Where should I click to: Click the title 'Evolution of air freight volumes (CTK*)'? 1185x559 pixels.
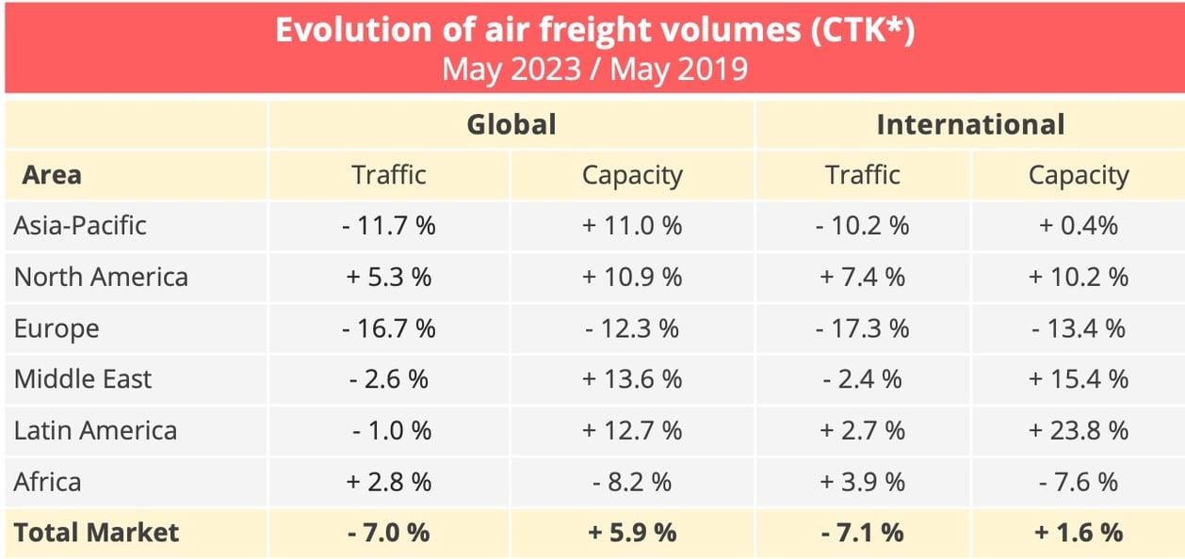594,30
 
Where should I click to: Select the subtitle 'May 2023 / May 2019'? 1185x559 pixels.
594,70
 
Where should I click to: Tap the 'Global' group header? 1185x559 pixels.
511,124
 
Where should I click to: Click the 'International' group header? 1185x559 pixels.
970,124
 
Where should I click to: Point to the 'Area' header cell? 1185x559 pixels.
52,175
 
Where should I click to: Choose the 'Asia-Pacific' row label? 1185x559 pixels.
80,226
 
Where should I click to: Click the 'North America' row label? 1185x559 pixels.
101,277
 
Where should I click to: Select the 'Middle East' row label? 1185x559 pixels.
83,379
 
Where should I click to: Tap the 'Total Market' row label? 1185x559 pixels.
96,533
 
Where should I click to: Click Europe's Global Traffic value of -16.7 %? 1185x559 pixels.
389,328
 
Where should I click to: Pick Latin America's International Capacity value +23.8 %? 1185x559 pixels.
1079,431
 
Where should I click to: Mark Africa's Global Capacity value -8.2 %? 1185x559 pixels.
632,482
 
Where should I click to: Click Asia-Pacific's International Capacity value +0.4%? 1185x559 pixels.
1079,226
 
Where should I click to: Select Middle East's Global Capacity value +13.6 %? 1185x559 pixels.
632,379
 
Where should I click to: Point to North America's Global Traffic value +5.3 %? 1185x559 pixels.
389,277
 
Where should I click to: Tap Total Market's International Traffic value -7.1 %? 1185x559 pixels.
863,533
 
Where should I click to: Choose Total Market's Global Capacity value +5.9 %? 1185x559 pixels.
632,533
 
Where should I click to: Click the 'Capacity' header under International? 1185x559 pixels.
1079,175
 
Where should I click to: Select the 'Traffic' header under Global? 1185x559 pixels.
389,175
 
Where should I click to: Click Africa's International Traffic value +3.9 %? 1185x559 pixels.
863,482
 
